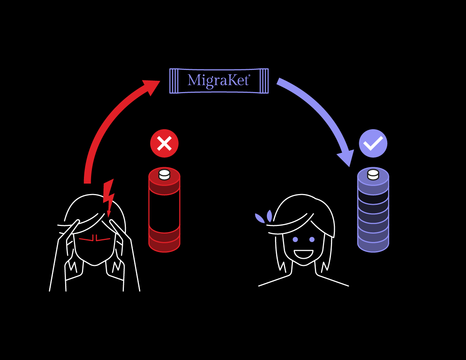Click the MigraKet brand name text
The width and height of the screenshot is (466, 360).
pyautogui.click(x=219, y=80)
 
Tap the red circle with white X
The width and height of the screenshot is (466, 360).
pyautogui.click(x=164, y=143)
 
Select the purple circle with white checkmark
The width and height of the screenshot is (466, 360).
pyautogui.click(x=373, y=143)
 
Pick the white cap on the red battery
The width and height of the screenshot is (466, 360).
pyautogui.click(x=164, y=175)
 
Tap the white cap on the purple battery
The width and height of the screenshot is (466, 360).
pyautogui.click(x=373, y=174)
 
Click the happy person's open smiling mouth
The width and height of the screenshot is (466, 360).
pyautogui.click(x=303, y=254)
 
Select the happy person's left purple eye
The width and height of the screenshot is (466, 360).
pyautogui.click(x=295, y=240)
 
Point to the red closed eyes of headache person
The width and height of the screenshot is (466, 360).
pyautogui.click(x=94, y=239)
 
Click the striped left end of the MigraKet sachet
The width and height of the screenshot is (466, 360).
pyautogui.click(x=174, y=81)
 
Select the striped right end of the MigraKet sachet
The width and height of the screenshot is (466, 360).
pyautogui.click(x=264, y=81)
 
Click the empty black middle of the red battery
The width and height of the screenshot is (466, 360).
pyautogui.click(x=164, y=210)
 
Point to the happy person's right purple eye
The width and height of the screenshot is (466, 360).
pyautogui.click(x=312, y=240)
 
